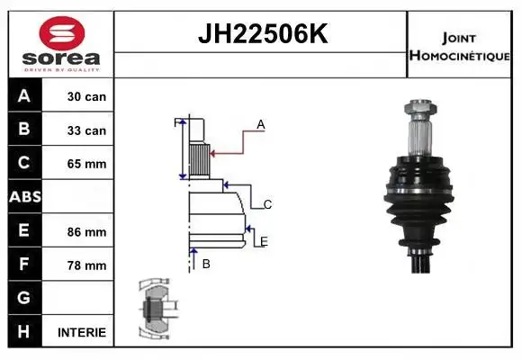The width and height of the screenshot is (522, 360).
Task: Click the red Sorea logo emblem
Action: pyautogui.click(x=62, y=33)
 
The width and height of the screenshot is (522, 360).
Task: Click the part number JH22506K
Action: pyautogui.click(x=263, y=33)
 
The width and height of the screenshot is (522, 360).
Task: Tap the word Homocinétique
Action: pyautogui.click(x=459, y=55)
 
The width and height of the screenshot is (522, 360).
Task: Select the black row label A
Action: pyautogui.click(x=24, y=95)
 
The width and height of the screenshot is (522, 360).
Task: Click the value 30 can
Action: pyautogui.click(x=86, y=96)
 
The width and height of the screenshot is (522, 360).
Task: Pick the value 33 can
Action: pyautogui.click(x=86, y=130)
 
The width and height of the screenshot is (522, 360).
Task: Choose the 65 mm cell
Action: pyautogui.click(x=86, y=164)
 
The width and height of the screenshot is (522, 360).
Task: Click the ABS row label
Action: pyautogui.click(x=25, y=197)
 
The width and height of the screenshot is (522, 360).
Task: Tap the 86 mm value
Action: pyautogui.click(x=86, y=232)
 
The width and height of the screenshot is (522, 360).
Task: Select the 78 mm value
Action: pyautogui.click(x=86, y=265)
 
